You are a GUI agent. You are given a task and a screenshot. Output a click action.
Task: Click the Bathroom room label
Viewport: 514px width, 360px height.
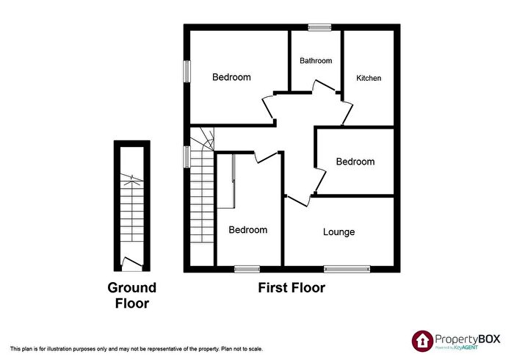[x=316, y=61]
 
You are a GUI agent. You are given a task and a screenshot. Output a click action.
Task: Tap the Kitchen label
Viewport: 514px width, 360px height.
[x=369, y=78]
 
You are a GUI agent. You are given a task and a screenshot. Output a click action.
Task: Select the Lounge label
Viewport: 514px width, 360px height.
[x=339, y=232]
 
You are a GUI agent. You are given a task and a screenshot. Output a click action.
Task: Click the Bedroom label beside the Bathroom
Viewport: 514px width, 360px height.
[x=231, y=77]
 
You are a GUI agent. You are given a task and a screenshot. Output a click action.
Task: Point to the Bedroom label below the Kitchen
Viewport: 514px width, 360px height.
[x=355, y=162]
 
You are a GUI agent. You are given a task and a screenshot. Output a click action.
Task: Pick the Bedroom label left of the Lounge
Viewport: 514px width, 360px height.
[x=248, y=230]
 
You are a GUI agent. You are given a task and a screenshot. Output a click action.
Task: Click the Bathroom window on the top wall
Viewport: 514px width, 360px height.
[x=319, y=27]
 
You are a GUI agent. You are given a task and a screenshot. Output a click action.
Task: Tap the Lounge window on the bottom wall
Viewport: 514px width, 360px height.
[x=347, y=269]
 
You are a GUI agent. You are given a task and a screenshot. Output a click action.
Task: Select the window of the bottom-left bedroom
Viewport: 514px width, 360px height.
[x=247, y=269]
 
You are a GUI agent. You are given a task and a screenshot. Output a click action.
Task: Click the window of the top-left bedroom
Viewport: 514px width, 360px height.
[x=187, y=71]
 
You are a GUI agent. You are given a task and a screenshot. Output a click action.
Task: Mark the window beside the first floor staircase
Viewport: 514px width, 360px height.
[x=187, y=156]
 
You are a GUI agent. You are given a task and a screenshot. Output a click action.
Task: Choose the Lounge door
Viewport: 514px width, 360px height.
[x=298, y=201]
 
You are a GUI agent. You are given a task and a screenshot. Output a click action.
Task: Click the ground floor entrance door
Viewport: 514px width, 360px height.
[x=131, y=262]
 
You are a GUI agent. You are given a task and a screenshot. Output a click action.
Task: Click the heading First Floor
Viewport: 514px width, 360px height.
[x=292, y=288]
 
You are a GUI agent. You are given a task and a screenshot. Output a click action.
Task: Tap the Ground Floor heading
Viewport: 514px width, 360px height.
[x=132, y=296]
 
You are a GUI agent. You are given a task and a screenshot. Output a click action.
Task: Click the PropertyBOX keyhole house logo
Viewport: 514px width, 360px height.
[x=422, y=341]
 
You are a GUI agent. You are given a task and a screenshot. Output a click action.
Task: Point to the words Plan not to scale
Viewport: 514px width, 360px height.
[x=242, y=349]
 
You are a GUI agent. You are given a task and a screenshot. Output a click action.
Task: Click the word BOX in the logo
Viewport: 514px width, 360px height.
[x=489, y=339]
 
